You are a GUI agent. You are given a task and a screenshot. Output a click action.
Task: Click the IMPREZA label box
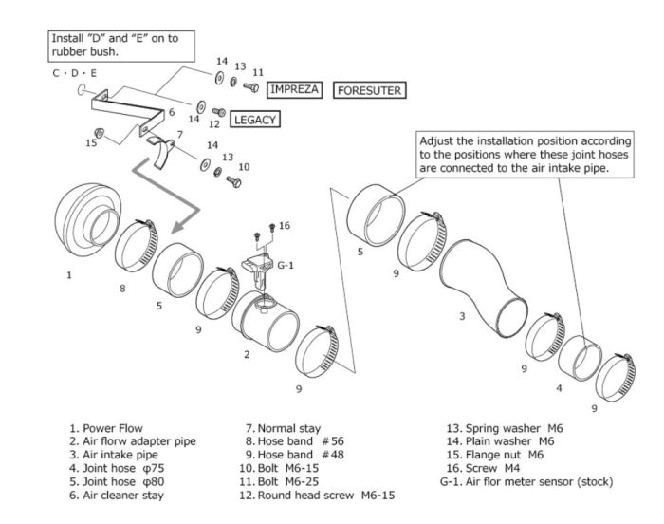[x=295, y=90]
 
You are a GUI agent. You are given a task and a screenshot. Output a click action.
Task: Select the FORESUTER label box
[x=369, y=91]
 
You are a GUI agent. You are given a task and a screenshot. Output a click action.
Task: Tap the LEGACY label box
[x=252, y=121]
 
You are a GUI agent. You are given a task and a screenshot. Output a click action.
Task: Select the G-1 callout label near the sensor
[x=284, y=265]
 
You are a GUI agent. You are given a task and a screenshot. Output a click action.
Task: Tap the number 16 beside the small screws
[x=285, y=225]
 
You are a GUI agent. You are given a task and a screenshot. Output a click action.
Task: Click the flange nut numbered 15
[x=99, y=132]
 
